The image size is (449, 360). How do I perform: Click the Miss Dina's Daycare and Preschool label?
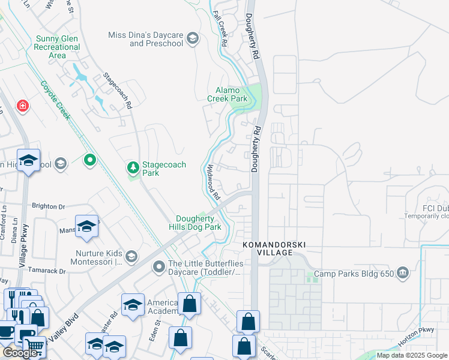click(x=145, y=39)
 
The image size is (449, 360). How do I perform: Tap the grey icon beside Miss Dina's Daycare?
click(x=193, y=39)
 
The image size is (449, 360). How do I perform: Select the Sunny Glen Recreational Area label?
click(x=58, y=47)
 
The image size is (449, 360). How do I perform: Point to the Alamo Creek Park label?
click(x=228, y=94)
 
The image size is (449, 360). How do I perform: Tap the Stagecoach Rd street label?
click(x=118, y=91)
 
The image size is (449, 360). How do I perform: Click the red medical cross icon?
click(x=23, y=106)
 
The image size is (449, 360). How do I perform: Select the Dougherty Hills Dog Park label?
click(x=198, y=223)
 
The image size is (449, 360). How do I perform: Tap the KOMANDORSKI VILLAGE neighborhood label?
click(x=267, y=249)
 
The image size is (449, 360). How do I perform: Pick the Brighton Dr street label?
click(x=48, y=206)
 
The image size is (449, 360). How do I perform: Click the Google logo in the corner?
click(x=20, y=353)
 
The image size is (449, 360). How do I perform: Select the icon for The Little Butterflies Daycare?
click(x=159, y=266)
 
